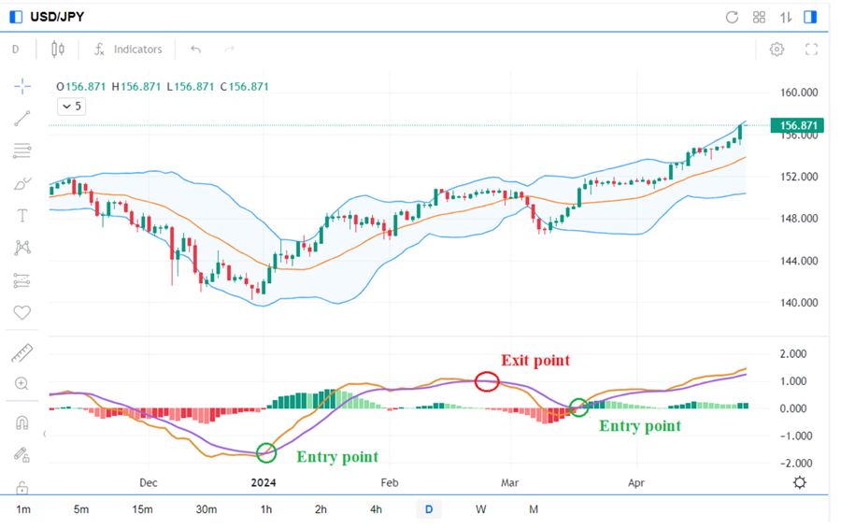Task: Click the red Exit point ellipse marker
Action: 487,380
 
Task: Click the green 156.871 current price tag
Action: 796,125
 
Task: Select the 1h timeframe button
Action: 266,509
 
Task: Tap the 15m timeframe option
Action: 142,509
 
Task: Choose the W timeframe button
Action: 480,509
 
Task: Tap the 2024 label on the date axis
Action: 265,483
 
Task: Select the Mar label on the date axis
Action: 510,483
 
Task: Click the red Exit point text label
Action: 535,360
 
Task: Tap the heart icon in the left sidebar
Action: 22,313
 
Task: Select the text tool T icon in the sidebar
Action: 22,216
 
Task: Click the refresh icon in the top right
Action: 732,17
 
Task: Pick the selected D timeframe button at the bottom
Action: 429,509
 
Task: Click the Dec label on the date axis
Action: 149,483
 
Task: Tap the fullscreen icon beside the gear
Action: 811,50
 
